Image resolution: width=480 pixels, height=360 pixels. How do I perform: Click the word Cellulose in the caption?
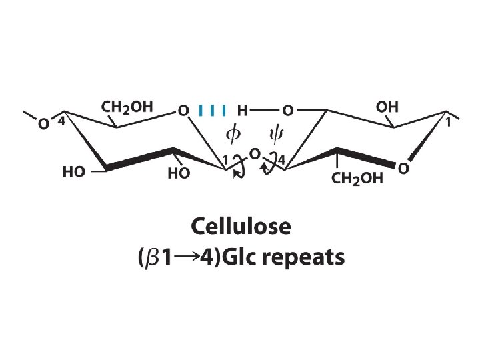[241, 227]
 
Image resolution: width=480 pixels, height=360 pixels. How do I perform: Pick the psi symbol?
[275, 135]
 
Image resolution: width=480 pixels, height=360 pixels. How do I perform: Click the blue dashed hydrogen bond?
[213, 109]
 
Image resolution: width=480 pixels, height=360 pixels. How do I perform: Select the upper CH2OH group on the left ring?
[127, 106]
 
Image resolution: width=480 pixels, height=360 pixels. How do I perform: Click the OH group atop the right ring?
[387, 106]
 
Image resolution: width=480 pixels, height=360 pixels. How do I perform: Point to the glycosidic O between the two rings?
[253, 155]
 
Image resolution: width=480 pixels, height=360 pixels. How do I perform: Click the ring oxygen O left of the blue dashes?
[183, 110]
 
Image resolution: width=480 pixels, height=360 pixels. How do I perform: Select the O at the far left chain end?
[43, 123]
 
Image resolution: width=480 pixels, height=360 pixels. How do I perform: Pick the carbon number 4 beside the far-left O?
[60, 122]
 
